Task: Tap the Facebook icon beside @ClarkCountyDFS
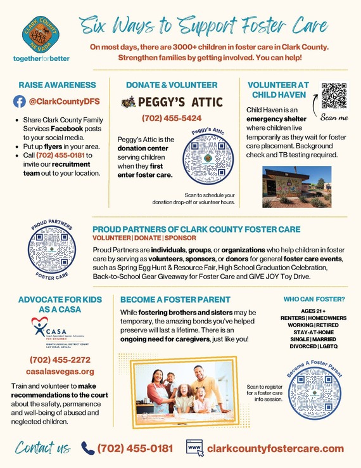[x=20, y=101]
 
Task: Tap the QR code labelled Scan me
[x=334, y=96]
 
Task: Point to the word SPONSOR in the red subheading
[x=180, y=238]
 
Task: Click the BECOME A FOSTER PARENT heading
[x=175, y=299]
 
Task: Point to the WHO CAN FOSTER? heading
[x=313, y=299]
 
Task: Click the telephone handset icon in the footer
[x=88, y=448]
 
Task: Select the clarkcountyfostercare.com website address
[x=275, y=448]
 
